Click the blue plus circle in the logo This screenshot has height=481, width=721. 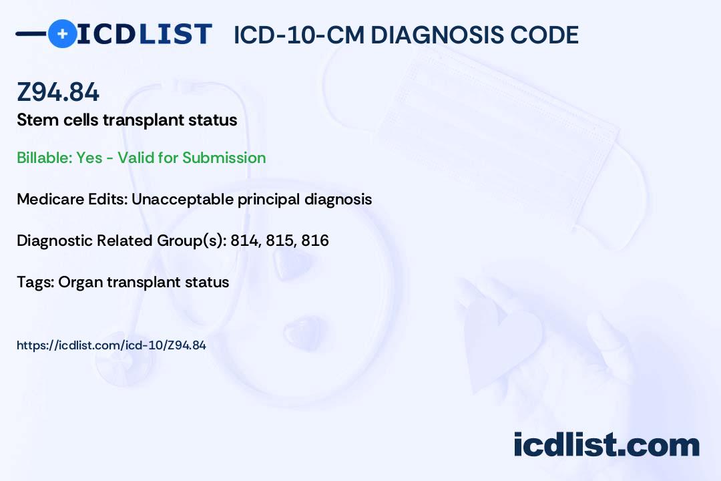click(x=62, y=33)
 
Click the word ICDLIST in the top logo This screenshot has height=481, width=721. click(x=144, y=34)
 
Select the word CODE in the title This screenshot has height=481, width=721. click(x=538, y=35)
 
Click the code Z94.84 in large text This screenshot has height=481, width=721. click(x=58, y=92)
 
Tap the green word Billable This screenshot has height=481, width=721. click(x=44, y=158)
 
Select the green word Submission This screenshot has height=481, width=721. click(x=224, y=158)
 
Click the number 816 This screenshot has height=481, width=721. click(x=315, y=240)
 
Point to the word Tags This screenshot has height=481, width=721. click(x=36, y=282)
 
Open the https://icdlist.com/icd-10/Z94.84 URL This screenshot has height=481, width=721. click(x=111, y=345)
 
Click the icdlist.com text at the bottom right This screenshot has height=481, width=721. click(x=606, y=445)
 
